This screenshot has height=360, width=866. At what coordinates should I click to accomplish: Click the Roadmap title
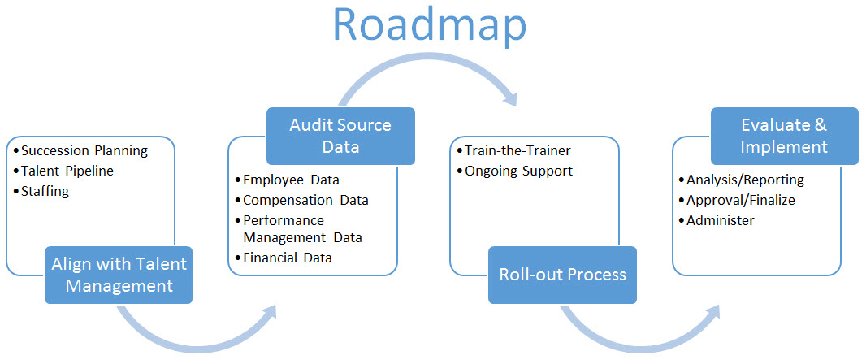(x=429, y=24)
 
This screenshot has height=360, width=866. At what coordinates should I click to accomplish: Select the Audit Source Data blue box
(x=340, y=136)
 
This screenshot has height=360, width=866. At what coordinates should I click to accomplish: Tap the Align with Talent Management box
(x=119, y=275)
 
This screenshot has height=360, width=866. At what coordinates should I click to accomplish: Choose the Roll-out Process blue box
(x=562, y=275)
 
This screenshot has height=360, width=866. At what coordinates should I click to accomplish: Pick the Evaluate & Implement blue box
(x=784, y=136)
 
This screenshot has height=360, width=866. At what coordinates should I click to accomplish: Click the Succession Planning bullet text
(x=80, y=150)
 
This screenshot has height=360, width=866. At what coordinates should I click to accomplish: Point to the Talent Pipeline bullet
(x=63, y=171)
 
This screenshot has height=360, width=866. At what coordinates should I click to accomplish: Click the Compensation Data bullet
(x=301, y=200)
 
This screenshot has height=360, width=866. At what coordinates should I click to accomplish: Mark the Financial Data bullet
(x=284, y=258)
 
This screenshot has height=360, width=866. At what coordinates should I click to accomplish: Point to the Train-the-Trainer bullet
(x=513, y=150)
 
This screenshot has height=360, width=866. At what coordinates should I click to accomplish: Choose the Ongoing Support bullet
(x=515, y=171)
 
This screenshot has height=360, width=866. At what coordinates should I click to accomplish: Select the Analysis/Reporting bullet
(x=741, y=180)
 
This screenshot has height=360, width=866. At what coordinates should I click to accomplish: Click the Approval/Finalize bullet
(x=737, y=200)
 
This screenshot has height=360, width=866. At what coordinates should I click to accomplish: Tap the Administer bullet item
(x=717, y=220)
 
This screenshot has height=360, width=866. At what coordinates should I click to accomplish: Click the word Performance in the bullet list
(x=284, y=221)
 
